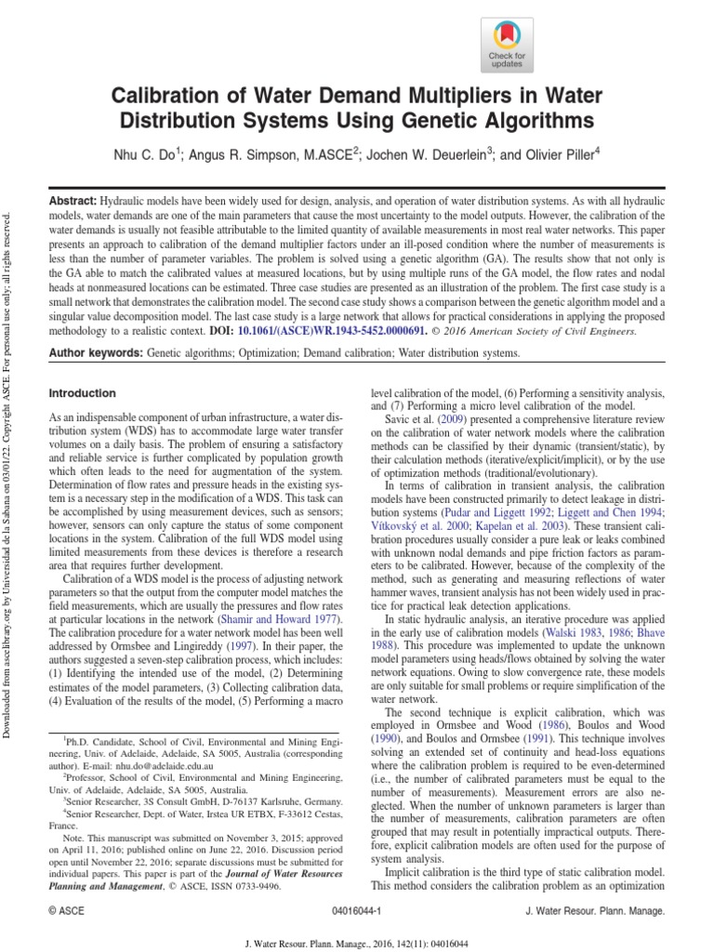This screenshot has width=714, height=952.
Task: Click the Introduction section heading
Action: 82,393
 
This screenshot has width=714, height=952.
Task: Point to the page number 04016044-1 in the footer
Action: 361,914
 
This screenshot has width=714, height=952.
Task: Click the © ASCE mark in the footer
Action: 65,914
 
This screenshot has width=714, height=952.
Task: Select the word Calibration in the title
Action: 166,96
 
